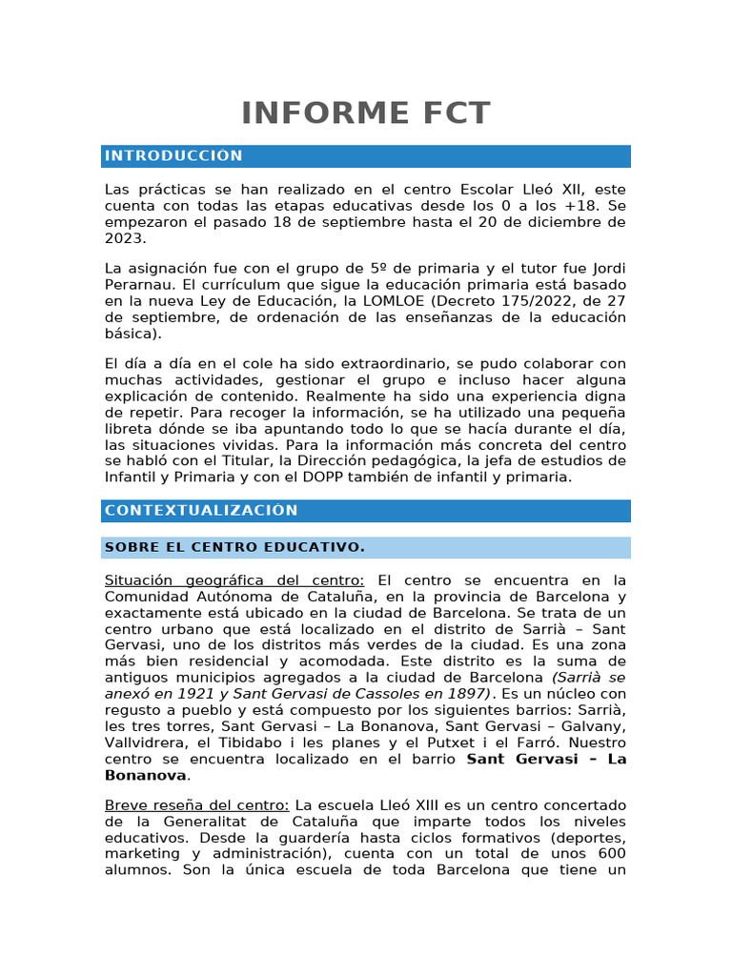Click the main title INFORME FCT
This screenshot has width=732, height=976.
pos(365,113)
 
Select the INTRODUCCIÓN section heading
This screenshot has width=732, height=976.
pos(173,156)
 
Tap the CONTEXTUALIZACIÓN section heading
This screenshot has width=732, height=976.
pos(201,511)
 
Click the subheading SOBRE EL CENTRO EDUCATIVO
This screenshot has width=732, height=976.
pos(234,547)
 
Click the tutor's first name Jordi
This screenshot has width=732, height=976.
pos(606,268)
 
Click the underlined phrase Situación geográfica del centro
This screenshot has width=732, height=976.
pos(234,580)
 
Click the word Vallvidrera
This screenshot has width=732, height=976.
pos(148,742)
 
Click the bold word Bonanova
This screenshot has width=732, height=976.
pos(145,775)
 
